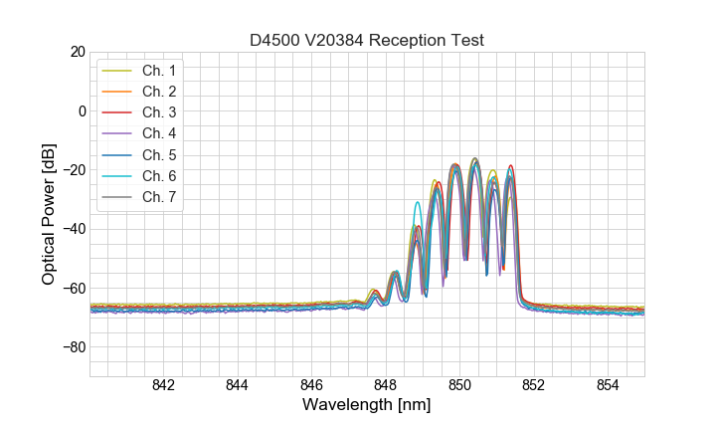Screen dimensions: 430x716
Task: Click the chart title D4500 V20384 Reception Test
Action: pyautogui.click(x=367, y=40)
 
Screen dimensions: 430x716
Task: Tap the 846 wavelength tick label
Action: pyautogui.click(x=311, y=385)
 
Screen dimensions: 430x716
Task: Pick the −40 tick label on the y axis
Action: pyautogui.click(x=73, y=229)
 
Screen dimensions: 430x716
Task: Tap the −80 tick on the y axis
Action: pyautogui.click(x=73, y=347)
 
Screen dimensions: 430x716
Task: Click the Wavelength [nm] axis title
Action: pyautogui.click(x=367, y=405)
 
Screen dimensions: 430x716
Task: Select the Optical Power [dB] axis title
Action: pyautogui.click(x=49, y=213)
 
